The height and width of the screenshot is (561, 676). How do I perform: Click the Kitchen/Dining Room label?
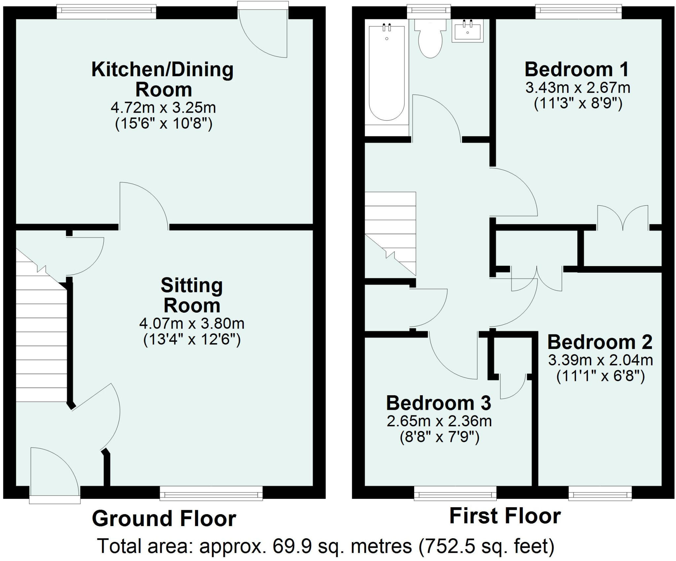pyautogui.click(x=163, y=79)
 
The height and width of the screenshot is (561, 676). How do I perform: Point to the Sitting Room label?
pyautogui.click(x=192, y=295)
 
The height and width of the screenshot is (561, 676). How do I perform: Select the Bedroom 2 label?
pyautogui.click(x=600, y=342)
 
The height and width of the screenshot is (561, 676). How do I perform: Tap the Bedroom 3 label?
pyautogui.click(x=439, y=403)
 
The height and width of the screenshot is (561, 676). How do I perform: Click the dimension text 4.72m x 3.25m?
pyautogui.click(x=163, y=108)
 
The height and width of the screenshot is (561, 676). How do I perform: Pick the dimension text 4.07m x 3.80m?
pyautogui.click(x=192, y=324)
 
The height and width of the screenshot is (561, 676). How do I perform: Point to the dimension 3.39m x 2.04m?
pyautogui.click(x=600, y=360)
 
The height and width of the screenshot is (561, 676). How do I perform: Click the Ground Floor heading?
pyautogui.click(x=164, y=518)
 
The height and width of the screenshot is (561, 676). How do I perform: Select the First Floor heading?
pyautogui.click(x=505, y=516)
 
